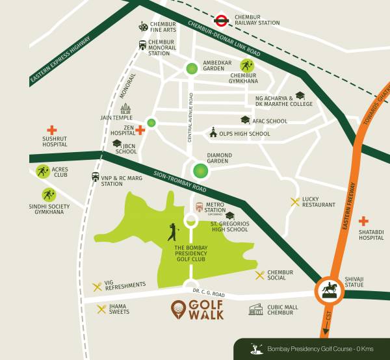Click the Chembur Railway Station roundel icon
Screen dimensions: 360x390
220,19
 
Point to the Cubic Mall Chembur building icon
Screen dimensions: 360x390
255,309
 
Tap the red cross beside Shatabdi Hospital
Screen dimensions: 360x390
363,222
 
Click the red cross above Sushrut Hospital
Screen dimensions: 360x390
51,130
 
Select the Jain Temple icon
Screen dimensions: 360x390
125,109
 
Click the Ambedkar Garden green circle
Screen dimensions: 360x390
191,68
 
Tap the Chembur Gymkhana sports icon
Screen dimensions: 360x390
246,65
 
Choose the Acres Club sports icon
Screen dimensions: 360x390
43,172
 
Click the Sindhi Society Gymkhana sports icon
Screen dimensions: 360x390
49,194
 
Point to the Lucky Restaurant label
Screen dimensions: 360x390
318,201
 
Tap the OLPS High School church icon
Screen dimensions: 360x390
213,133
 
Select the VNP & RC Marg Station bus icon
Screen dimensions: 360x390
96,177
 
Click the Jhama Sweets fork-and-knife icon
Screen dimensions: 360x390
101,309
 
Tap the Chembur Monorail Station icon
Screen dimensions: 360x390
142,45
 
